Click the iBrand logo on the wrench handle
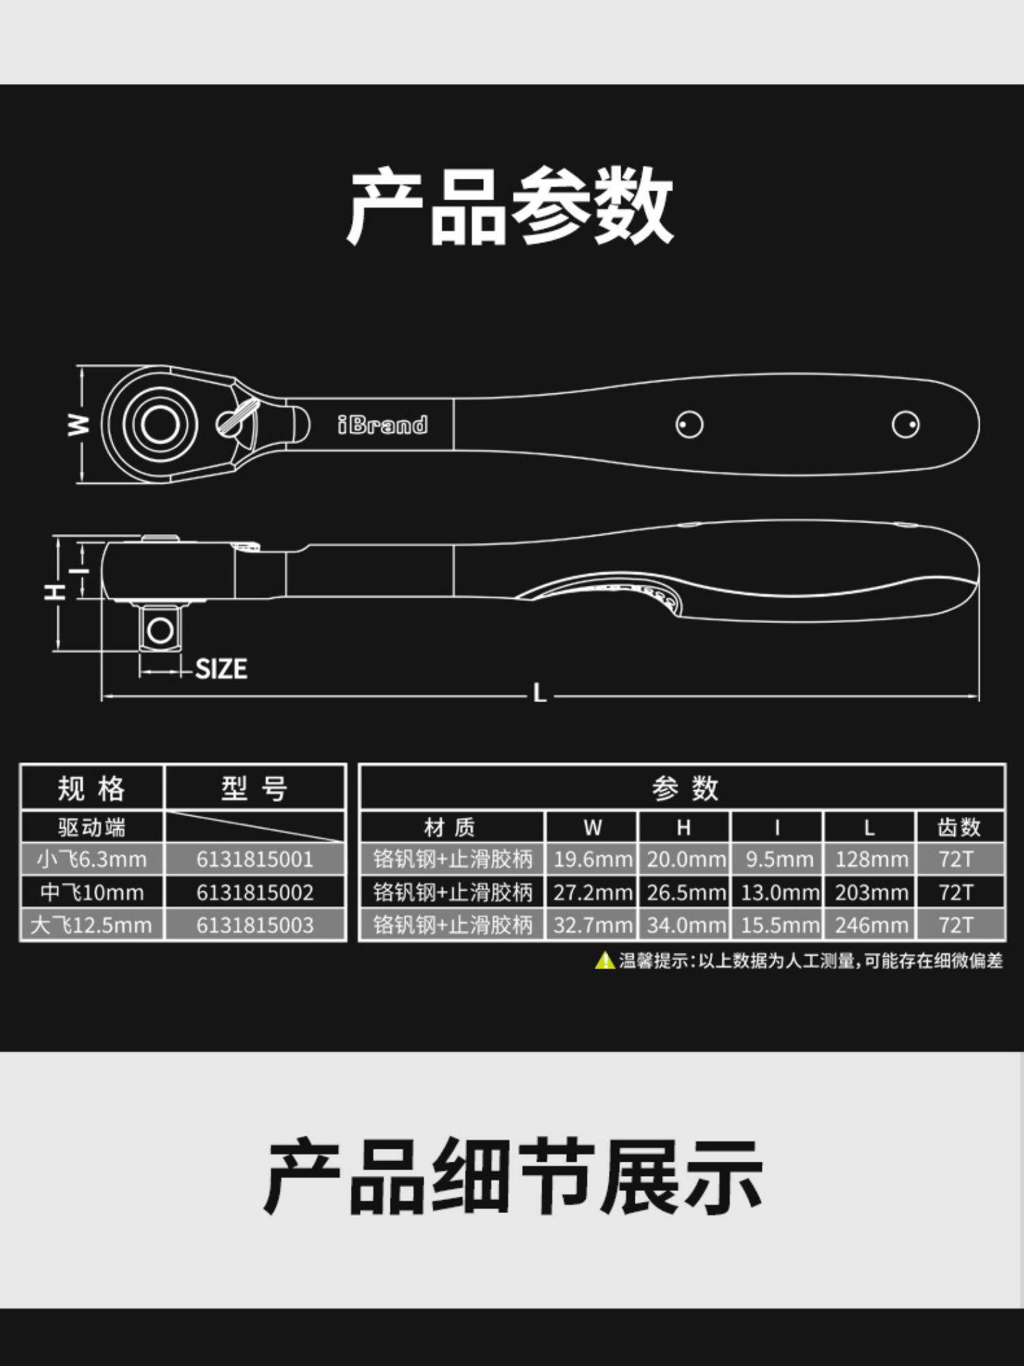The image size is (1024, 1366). tap(383, 425)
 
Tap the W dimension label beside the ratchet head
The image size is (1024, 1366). tap(79, 425)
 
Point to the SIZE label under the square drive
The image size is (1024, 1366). tap(221, 669)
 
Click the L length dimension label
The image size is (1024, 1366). tap(539, 694)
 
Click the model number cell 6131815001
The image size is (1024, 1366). tap(255, 859)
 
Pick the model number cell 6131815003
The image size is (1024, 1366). tap(255, 925)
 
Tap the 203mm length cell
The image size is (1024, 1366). tap(870, 892)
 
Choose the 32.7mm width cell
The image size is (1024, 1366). tap(592, 925)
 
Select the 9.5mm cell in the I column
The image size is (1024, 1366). tap(779, 859)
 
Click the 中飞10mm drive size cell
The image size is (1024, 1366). tap(92, 892)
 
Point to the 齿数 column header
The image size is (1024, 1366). tap(959, 827)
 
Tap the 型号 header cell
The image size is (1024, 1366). tap(254, 788)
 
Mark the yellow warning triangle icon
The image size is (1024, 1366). tap(605, 960)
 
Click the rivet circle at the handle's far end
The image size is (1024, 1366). tap(905, 424)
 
